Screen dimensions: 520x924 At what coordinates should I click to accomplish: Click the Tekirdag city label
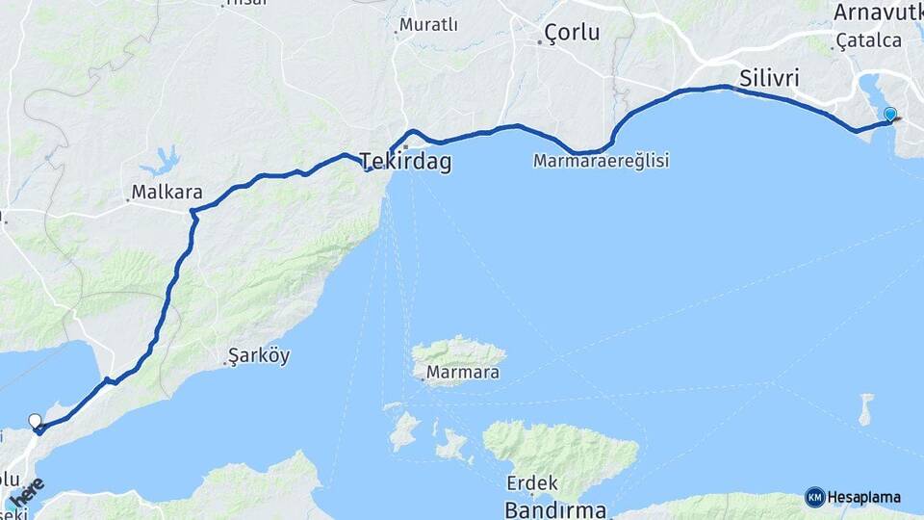405,161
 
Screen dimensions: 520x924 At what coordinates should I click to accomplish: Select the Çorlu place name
572,32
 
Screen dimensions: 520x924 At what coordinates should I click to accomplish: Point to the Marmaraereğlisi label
601,161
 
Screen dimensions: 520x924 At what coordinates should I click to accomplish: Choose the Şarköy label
259,356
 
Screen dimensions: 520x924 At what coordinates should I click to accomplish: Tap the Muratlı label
428,24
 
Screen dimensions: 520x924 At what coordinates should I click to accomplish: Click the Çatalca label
869,40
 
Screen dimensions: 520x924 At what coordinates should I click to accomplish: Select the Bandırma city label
555,508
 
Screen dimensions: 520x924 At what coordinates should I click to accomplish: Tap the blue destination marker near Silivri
890,115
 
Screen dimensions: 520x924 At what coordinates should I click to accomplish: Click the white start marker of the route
36,421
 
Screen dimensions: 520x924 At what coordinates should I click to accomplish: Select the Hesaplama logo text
863,498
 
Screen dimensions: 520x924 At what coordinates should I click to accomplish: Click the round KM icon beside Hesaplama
814,498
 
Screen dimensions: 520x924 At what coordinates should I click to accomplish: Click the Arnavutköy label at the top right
878,12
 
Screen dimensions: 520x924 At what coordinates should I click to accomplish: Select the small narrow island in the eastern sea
866,408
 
